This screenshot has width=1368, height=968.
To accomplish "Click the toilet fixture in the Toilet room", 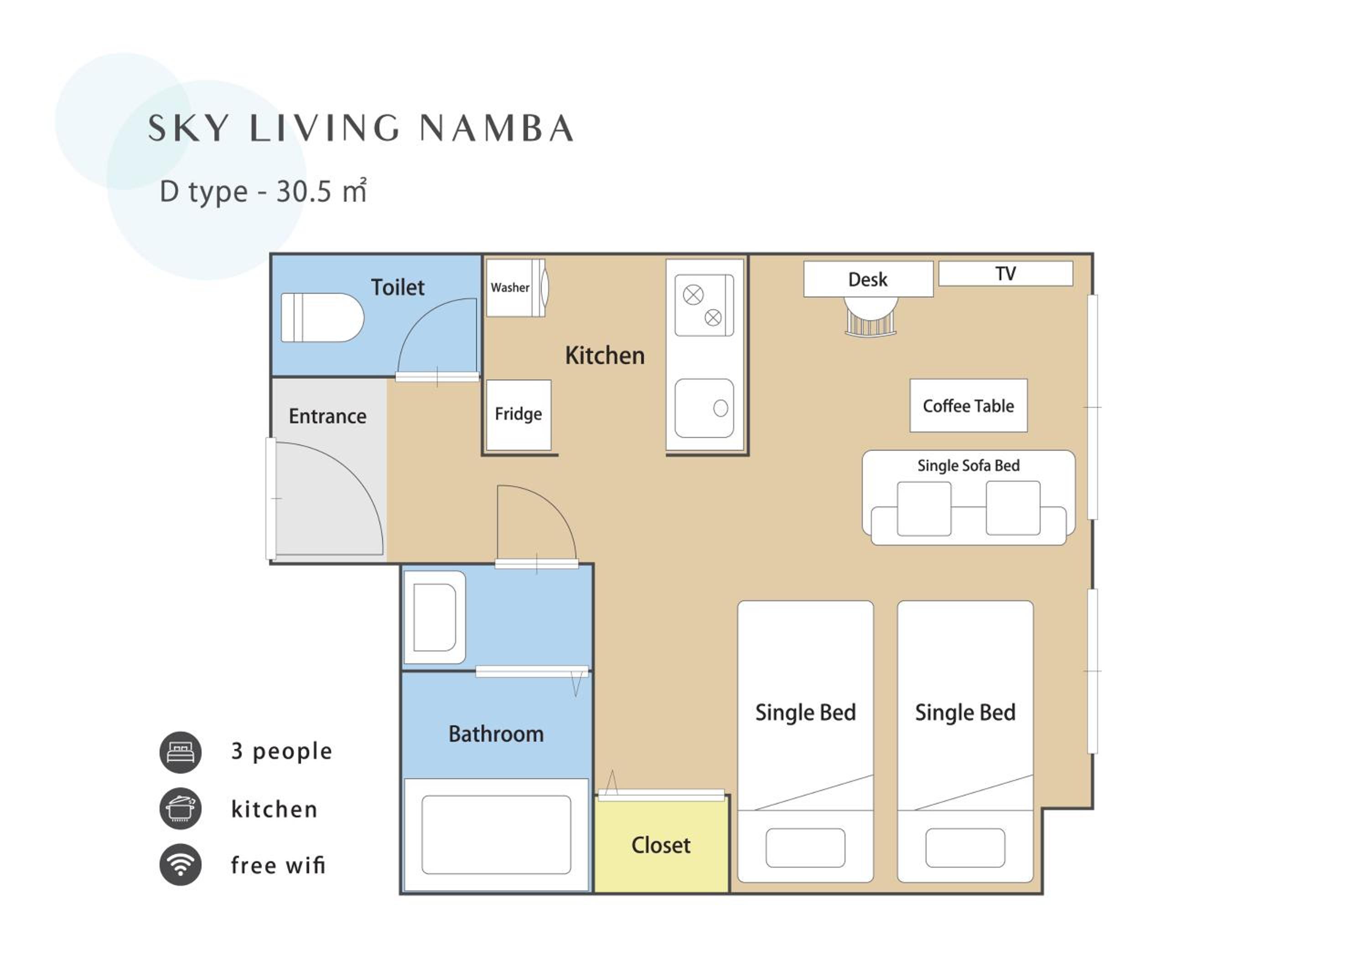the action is [322, 317].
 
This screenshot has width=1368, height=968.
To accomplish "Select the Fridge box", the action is [518, 415].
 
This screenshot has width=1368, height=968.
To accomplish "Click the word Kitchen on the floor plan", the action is [605, 356].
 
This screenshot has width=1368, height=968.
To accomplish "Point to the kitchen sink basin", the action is [704, 408].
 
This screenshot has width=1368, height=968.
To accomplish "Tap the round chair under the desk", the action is [871, 317].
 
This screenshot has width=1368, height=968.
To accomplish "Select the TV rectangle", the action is [1006, 274].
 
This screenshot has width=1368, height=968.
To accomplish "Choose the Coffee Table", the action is [968, 406].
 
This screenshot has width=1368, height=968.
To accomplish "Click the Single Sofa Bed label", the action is [968, 465].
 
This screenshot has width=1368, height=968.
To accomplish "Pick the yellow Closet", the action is [661, 846].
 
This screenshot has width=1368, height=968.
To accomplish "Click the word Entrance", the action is [328, 416].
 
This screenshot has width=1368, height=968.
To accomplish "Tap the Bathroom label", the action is [496, 734].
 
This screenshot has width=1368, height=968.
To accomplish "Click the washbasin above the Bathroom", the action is [435, 618].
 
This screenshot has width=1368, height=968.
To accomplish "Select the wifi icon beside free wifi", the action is [181, 865].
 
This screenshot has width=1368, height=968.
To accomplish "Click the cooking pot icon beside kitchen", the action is [181, 809].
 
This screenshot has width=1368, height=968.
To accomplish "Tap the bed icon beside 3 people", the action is [181, 752].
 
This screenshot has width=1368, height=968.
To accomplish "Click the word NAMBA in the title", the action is [496, 128].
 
